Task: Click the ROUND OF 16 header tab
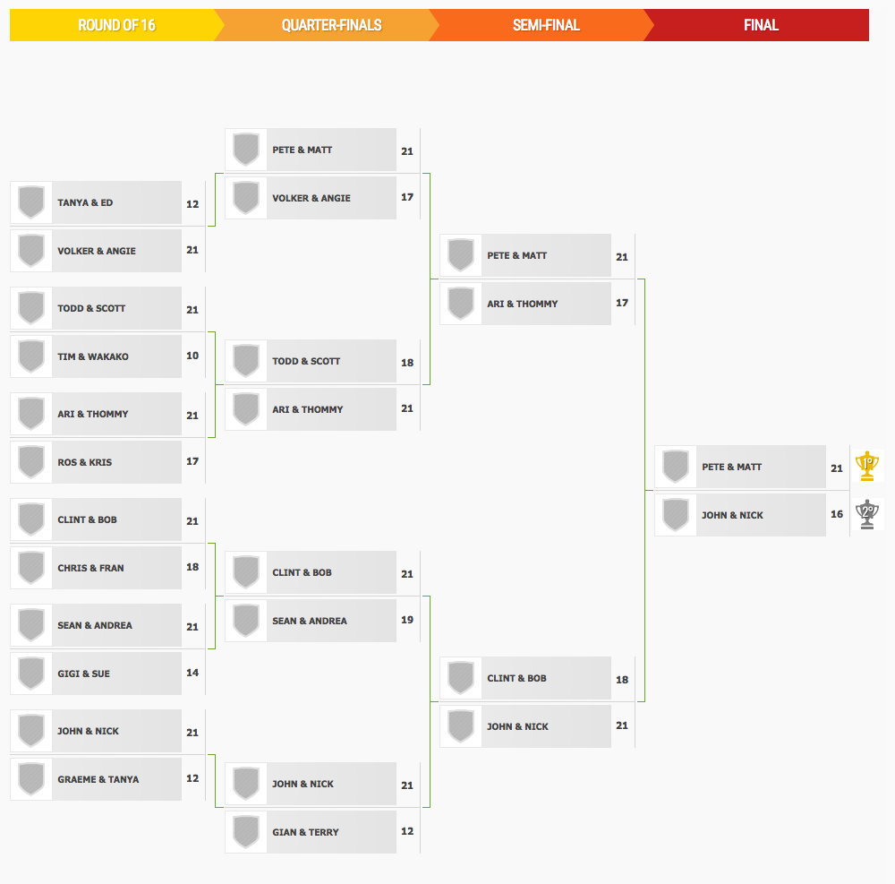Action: coord(115,25)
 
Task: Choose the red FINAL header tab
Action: coord(760,25)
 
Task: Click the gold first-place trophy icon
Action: coord(867,466)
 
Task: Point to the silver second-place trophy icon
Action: coord(867,514)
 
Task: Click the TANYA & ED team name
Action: coord(85,202)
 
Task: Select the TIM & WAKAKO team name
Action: coord(93,356)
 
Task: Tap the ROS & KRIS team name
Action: coord(84,462)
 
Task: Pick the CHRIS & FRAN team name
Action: coord(90,568)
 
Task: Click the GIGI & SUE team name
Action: coord(84,674)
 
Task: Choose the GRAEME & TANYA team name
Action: coord(98,779)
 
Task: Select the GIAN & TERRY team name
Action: coord(305,833)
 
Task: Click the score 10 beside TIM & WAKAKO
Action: coord(192,356)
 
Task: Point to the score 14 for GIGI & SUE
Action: coord(192,673)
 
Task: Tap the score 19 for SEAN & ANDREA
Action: coord(407,620)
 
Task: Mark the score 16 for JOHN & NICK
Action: coord(837,514)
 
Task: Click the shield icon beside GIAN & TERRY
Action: coord(246,832)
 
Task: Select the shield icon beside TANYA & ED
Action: coord(31,202)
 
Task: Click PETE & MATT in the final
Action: coord(732,468)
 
